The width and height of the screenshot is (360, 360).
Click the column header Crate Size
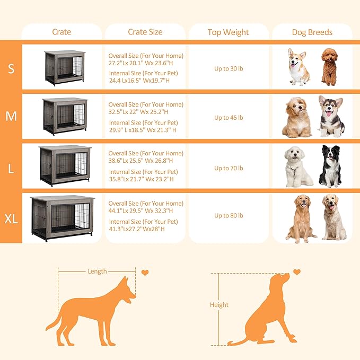pos(145,32)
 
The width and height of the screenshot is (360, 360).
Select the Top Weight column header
pos(228,32)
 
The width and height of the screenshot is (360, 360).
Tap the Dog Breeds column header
pos(312,32)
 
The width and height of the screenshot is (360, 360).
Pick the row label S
pos(11,68)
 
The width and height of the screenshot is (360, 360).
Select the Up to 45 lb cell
pos(229,118)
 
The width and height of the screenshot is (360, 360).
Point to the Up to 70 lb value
pos(229,168)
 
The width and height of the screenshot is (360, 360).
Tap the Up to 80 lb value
pos(229,216)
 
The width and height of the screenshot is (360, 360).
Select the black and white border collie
pos(330,166)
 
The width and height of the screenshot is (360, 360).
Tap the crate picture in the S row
pos(64,67)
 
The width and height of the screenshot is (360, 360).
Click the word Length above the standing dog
pos(97,271)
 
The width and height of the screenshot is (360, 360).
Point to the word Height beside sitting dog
pos(219,305)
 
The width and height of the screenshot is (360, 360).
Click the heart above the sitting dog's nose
pos(297,272)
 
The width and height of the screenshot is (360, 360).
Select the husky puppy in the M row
pos(331,117)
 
